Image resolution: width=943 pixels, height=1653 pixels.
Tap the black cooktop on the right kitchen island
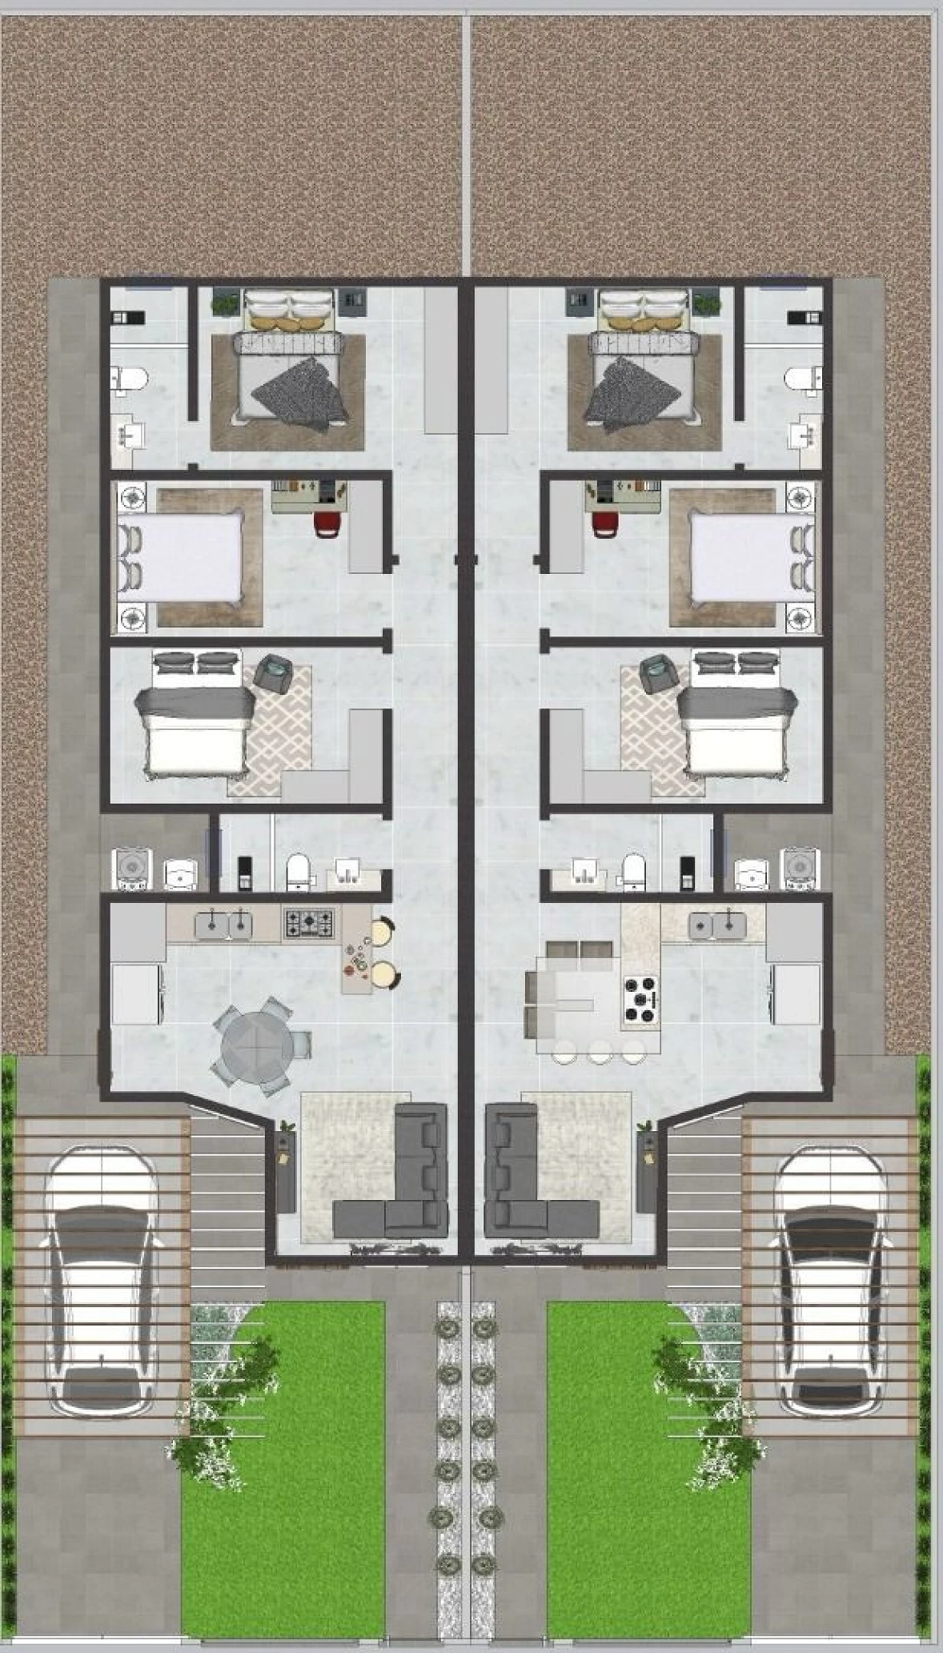point(640,998)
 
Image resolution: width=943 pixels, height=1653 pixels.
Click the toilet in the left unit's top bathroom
point(128,378)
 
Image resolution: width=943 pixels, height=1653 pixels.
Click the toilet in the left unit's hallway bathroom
point(298,870)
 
